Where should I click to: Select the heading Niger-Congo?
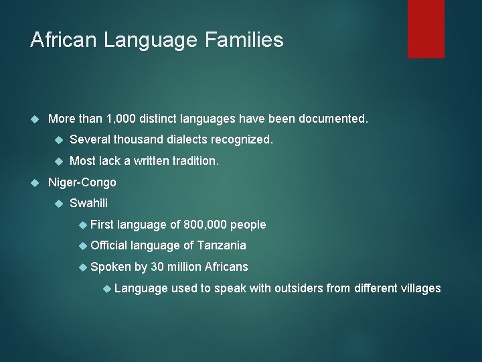click(x=82, y=182)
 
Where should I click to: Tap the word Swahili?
click(x=88, y=203)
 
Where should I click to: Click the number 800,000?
click(x=205, y=225)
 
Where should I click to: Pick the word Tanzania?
click(x=221, y=245)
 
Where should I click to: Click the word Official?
click(x=109, y=245)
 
